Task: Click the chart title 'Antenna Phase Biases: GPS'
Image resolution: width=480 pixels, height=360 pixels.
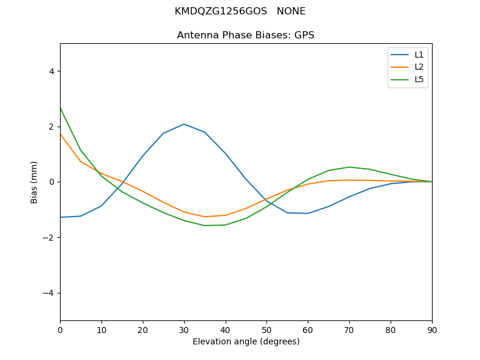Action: pyautogui.click(x=245, y=35)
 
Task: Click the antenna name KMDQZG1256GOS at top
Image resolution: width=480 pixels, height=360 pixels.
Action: pyautogui.click(x=221, y=11)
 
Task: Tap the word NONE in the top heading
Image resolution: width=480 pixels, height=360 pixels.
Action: pyautogui.click(x=291, y=11)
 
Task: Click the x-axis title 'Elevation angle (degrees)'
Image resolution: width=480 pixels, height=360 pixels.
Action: pyautogui.click(x=246, y=342)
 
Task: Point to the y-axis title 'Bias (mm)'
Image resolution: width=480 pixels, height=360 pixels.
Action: pyautogui.click(x=34, y=182)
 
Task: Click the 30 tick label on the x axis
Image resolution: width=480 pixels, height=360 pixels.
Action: pyautogui.click(x=184, y=329)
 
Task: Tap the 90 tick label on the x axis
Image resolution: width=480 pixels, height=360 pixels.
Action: pyautogui.click(x=432, y=329)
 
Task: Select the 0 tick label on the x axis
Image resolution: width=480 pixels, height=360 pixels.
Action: pyautogui.click(x=60, y=329)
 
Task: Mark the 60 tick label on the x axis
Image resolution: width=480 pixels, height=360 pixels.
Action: pyautogui.click(x=308, y=329)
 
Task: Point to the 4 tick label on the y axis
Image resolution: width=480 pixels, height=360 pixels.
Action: pyautogui.click(x=51, y=71)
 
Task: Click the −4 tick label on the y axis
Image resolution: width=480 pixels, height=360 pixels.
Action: pyautogui.click(x=49, y=293)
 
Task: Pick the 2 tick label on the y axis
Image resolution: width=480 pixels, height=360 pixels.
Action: pyautogui.click(x=51, y=127)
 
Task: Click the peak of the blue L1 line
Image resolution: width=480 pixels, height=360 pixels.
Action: pyautogui.click(x=184, y=124)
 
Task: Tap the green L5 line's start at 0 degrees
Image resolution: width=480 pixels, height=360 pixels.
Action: pyautogui.click(x=61, y=108)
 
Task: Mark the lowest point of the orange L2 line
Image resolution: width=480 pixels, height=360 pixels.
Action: pyautogui.click(x=205, y=217)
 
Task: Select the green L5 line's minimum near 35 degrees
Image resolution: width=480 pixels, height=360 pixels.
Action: pyautogui.click(x=205, y=226)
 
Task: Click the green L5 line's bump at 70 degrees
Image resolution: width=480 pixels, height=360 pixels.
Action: pyautogui.click(x=349, y=167)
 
